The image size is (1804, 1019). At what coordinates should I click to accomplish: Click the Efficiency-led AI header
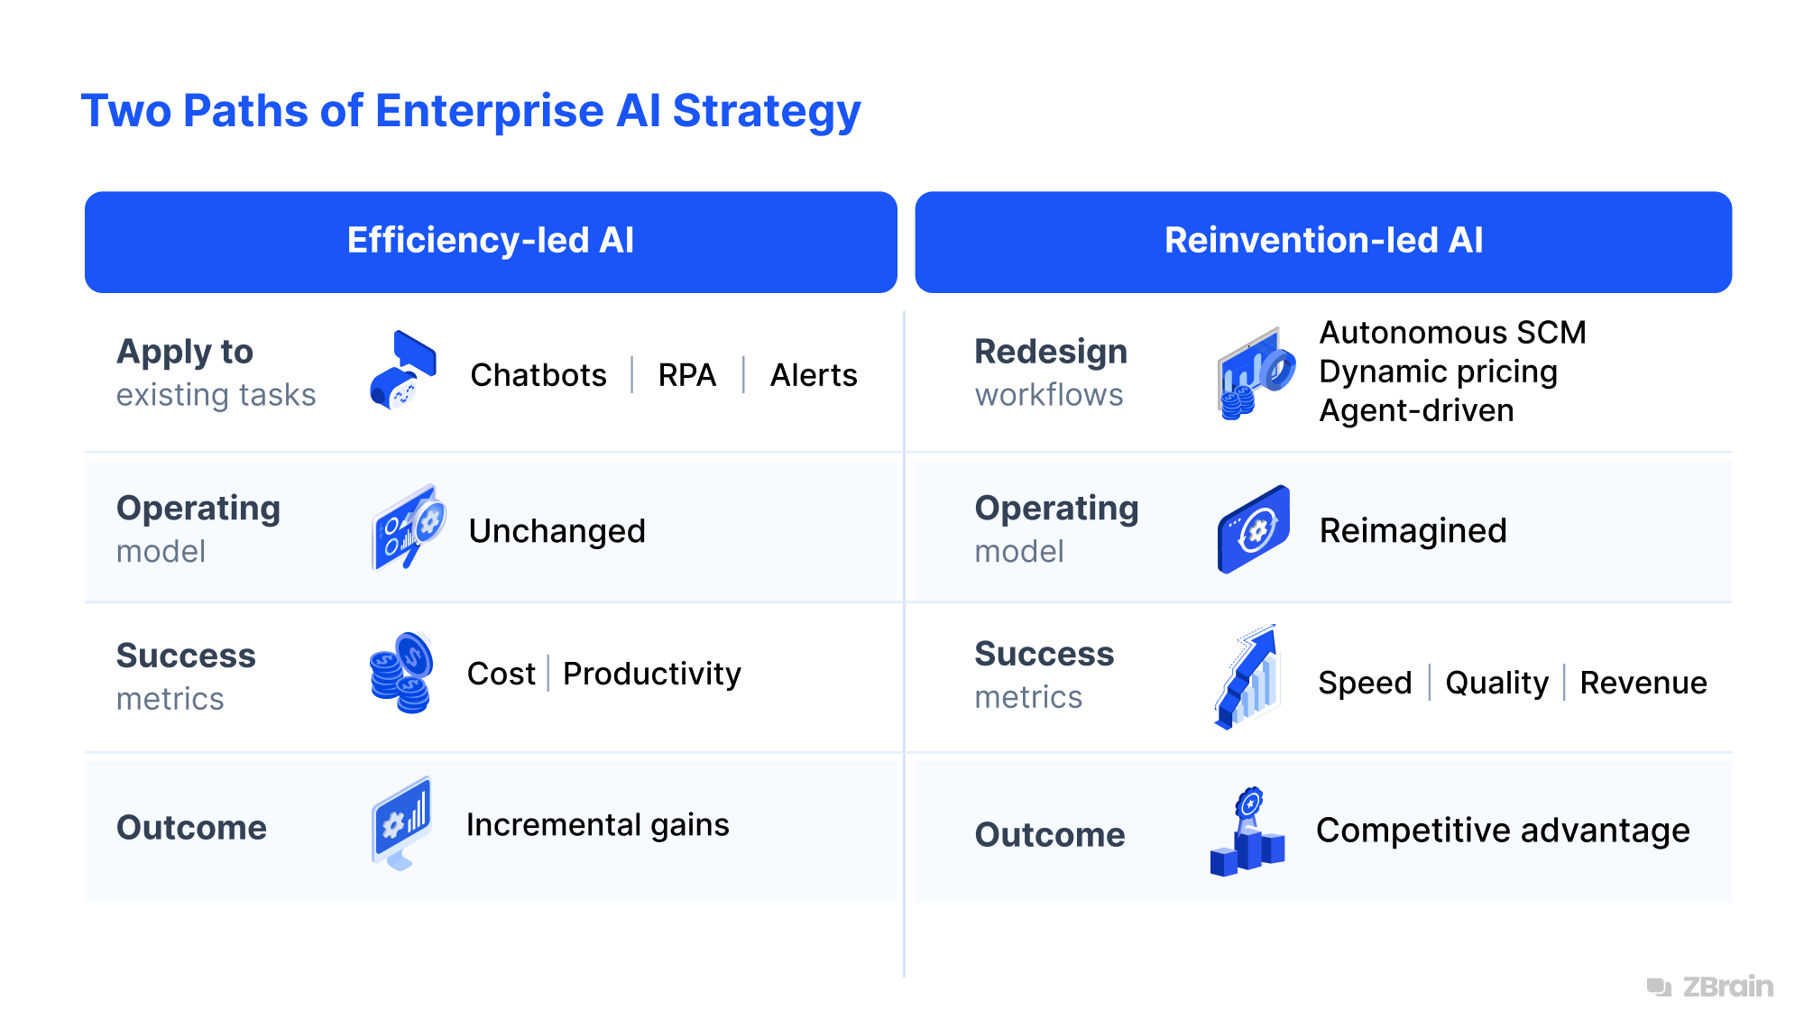pyautogui.click(x=491, y=241)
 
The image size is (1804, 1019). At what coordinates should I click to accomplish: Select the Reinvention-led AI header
pyautogui.click(x=1322, y=241)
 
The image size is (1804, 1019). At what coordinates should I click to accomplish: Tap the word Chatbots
pyautogui.click(x=538, y=375)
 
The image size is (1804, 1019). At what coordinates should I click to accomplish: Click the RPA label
pyautogui.click(x=686, y=375)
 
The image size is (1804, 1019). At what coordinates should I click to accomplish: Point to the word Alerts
pyautogui.click(x=813, y=375)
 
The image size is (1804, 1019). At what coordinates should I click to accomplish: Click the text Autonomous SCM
pyautogui.click(x=1451, y=333)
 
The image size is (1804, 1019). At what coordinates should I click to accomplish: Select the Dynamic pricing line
pyautogui.click(x=1438, y=372)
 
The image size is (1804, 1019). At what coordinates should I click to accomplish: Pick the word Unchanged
pyautogui.click(x=557, y=531)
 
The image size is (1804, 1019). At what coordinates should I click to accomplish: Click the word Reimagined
pyautogui.click(x=1413, y=531)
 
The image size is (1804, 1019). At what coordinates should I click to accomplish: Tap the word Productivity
pyautogui.click(x=651, y=674)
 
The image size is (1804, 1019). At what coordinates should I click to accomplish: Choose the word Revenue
pyautogui.click(x=1643, y=683)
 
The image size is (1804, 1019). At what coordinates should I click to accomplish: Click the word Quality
pyautogui.click(x=1496, y=683)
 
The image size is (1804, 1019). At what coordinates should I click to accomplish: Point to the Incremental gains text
pyautogui.click(x=597, y=825)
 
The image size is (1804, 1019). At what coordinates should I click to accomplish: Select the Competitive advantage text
pyautogui.click(x=1503, y=831)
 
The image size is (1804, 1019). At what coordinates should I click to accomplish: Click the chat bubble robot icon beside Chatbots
pyautogui.click(x=403, y=371)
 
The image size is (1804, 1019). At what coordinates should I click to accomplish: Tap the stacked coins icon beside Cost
pyautogui.click(x=401, y=673)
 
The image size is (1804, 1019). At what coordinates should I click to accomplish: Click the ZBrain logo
pyautogui.click(x=1710, y=987)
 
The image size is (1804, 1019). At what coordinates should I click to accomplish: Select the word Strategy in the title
pyautogui.click(x=767, y=112)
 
